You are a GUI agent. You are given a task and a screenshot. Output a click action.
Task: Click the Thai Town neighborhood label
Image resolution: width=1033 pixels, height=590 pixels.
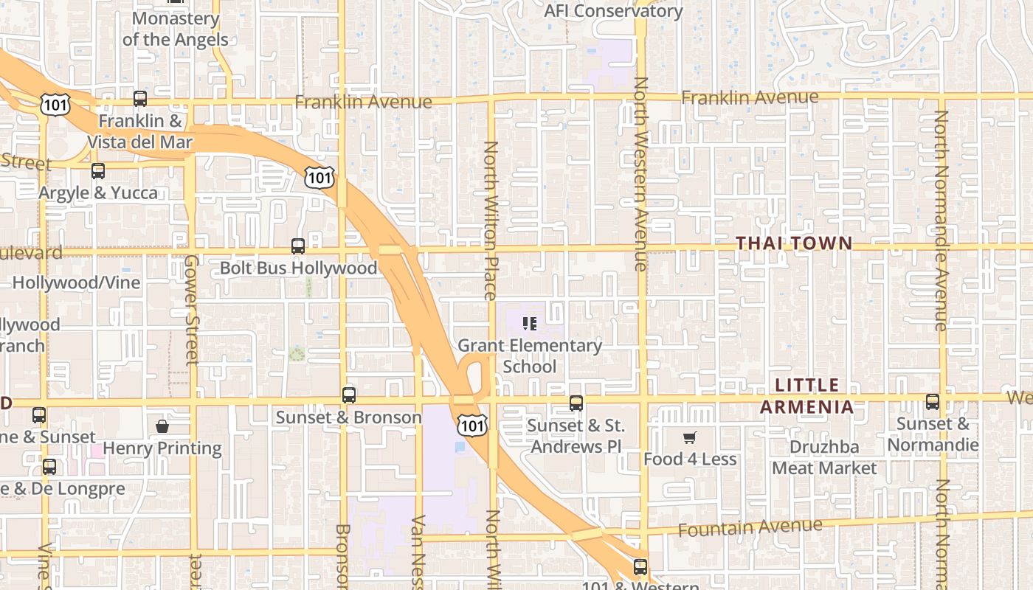coord(794,243)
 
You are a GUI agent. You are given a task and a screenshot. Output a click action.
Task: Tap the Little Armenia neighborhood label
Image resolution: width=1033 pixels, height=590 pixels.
coord(807,396)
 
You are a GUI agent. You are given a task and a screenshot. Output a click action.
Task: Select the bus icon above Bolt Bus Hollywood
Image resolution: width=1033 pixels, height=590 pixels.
coord(298,246)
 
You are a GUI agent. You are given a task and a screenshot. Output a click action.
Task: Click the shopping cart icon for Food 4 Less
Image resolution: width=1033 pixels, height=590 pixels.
coord(690,438)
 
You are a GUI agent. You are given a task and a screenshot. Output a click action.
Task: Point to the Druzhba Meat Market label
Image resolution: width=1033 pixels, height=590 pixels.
coord(824,457)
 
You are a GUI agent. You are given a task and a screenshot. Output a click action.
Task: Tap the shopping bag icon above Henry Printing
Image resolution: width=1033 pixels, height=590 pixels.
coord(162,426)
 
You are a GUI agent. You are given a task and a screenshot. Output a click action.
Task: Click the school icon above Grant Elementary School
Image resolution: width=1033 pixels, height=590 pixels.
coord(529,323)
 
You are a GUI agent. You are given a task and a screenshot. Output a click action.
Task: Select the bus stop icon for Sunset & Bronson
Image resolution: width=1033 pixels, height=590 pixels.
coord(349,395)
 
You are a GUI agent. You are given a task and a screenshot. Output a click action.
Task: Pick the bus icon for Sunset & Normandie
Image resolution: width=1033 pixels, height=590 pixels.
coord(933,402)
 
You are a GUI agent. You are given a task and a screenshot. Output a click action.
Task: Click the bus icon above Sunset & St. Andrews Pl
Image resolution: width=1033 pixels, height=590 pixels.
coord(576,403)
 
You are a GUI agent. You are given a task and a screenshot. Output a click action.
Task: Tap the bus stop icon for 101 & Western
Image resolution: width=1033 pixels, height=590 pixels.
coord(640,567)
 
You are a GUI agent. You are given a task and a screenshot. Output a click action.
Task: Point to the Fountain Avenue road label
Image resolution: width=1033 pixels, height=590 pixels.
coord(750,528)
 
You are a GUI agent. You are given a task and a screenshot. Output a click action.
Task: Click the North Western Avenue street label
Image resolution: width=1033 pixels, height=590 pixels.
coord(641,174)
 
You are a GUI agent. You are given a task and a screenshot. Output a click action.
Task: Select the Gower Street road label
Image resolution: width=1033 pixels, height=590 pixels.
coord(192,310)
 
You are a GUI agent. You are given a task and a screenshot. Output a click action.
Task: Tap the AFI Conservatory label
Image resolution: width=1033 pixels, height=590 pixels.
coord(613,11)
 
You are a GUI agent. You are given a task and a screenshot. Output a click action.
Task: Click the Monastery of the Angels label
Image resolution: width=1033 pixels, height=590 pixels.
coord(176,29)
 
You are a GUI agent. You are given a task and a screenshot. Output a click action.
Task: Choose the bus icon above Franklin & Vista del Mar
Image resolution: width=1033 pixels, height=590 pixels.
coord(140,99)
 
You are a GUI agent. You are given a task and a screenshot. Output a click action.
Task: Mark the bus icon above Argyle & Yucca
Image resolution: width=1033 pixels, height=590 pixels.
coord(98,171)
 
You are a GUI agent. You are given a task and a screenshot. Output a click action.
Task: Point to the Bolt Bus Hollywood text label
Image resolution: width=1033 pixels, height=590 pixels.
coord(298,268)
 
